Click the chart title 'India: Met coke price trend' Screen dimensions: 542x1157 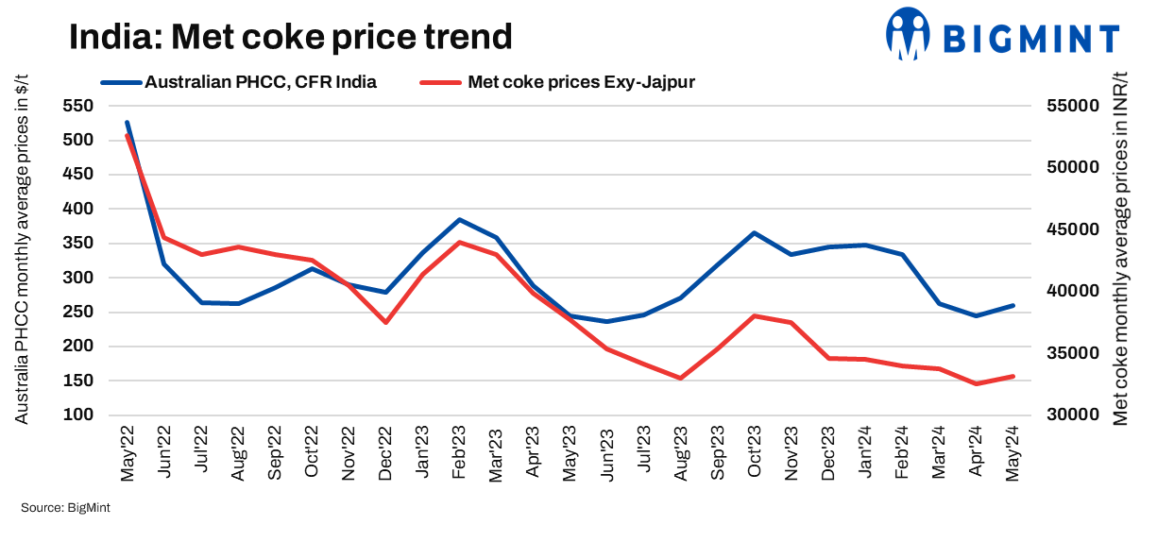pos(291,37)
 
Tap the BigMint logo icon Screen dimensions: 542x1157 pos(909,35)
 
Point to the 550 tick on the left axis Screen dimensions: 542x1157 pos(78,106)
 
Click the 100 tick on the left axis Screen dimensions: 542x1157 pos(78,415)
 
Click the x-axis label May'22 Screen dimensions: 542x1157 pos(128,453)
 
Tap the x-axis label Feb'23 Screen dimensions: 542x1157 pos(459,453)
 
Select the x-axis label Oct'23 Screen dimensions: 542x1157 pos(754,453)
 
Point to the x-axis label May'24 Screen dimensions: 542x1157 pos(1012,453)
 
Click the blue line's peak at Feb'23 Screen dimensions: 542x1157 pos(459,220)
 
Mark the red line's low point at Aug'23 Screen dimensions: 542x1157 pos(680,378)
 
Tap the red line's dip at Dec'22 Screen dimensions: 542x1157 pos(385,323)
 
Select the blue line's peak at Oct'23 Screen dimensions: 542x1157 pos(754,232)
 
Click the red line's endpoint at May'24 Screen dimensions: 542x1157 pos(1012,376)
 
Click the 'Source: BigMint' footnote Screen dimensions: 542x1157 pos(66,509)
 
